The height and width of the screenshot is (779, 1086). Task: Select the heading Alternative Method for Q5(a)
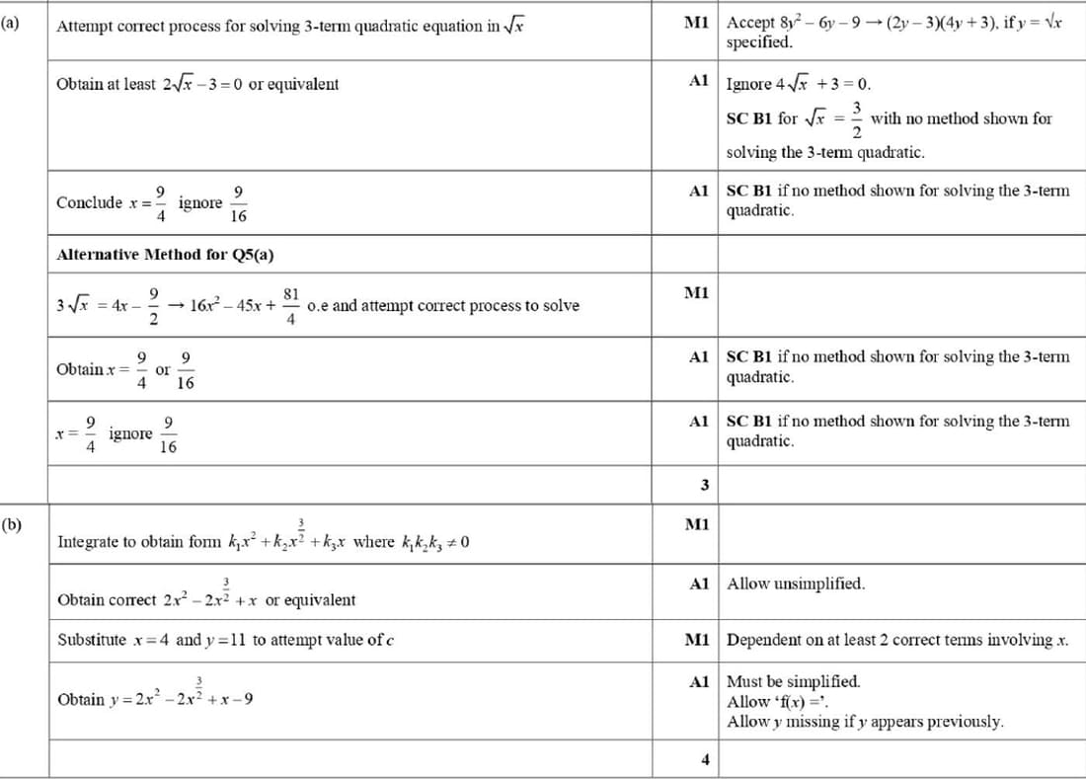coord(165,255)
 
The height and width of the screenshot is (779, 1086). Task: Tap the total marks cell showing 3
coord(703,485)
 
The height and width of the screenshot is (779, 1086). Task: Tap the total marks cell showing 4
coord(703,759)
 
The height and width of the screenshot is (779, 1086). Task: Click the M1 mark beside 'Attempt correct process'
coord(696,22)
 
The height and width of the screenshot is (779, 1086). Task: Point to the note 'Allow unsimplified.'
coord(796,584)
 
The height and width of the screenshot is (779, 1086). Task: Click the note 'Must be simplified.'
coord(793,681)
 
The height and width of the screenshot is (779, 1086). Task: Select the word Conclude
coord(89,202)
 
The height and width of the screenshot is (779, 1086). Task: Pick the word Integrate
coord(90,542)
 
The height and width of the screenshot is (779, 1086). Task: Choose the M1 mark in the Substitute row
coord(696,640)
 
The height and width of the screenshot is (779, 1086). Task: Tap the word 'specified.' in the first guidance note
coord(758,42)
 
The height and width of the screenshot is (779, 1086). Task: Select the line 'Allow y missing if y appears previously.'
coord(865,722)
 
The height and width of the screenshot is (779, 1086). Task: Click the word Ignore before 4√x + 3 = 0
coord(749,84)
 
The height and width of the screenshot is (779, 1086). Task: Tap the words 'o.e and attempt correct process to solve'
coord(443,305)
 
